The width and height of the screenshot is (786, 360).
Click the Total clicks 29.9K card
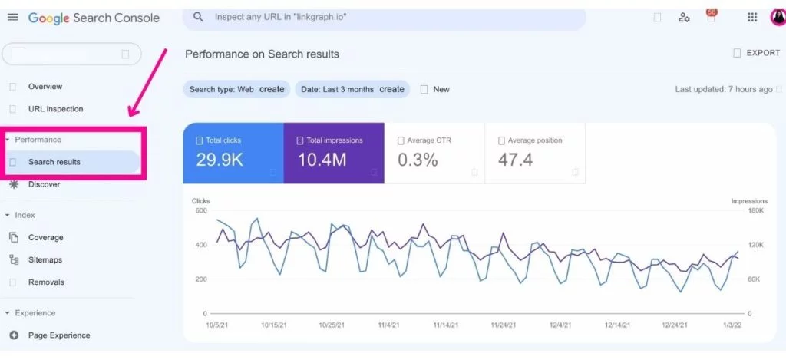click(233, 153)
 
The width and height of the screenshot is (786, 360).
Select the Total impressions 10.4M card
click(333, 153)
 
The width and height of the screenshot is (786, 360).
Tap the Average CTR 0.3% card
click(434, 153)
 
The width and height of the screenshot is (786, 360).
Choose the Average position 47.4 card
click(534, 153)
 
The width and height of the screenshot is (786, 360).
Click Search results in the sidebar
click(54, 162)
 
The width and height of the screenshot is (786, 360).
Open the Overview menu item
click(45, 87)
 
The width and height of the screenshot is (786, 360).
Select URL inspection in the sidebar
click(55, 109)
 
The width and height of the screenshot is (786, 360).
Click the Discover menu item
click(44, 184)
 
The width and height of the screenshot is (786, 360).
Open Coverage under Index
click(45, 238)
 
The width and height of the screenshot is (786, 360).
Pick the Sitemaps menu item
click(45, 260)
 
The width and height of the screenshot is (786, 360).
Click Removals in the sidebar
click(46, 282)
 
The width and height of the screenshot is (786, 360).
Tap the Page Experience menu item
click(58, 335)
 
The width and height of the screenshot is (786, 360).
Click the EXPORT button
click(757, 53)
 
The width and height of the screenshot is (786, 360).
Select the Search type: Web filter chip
click(236, 89)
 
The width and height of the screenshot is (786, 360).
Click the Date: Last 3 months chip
click(352, 89)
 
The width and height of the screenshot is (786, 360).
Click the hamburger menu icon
click(12, 17)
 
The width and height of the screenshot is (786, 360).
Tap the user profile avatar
click(778, 17)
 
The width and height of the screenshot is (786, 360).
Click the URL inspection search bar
click(384, 17)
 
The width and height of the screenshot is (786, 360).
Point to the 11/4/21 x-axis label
click(389, 325)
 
